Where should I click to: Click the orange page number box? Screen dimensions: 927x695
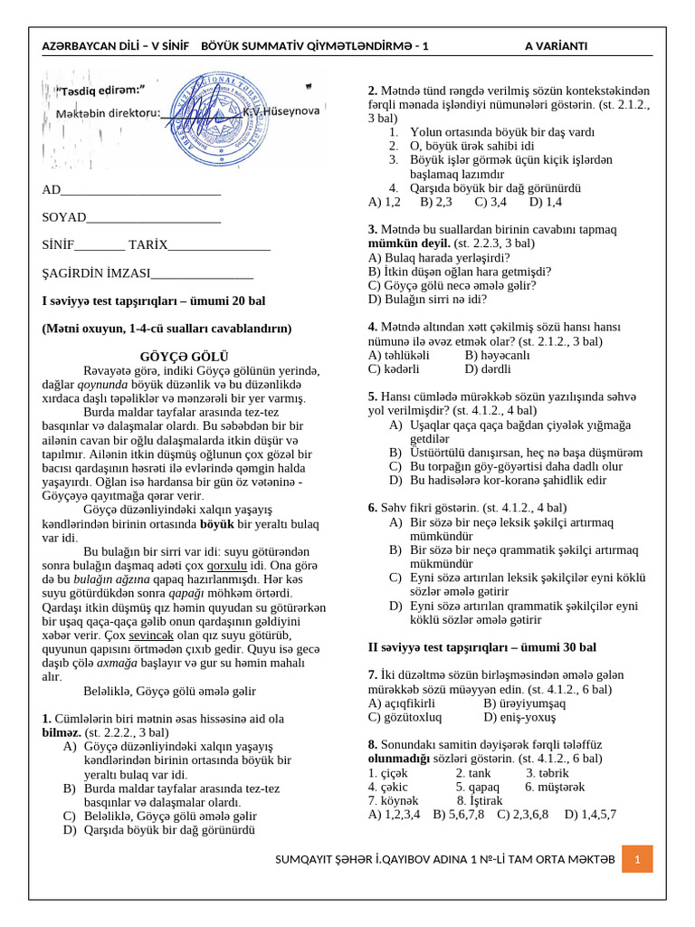pyautogui.click(x=637, y=858)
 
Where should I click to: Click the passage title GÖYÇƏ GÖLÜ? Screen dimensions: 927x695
pyautogui.click(x=185, y=357)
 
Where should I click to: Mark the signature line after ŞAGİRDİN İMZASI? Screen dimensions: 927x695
pyautogui.click(x=202, y=273)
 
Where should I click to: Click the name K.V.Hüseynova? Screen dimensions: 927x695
pyautogui.click(x=281, y=110)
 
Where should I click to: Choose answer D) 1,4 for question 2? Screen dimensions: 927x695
pyautogui.click(x=546, y=202)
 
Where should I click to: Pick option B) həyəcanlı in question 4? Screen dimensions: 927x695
pyautogui.click(x=497, y=355)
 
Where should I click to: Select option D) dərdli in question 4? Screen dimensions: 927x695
pyautogui.click(x=489, y=368)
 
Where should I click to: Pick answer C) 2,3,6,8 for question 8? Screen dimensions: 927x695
pyautogui.click(x=523, y=814)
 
